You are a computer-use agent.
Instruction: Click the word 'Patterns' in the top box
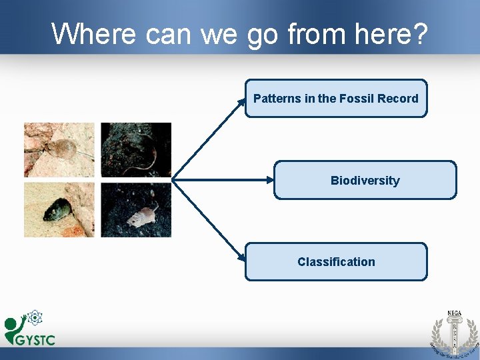coord(277,99)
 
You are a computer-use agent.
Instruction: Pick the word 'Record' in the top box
coord(398,99)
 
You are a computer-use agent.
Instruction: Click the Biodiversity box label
coord(365,181)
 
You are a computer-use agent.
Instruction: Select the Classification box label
coord(336,262)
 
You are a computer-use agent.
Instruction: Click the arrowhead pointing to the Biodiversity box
coord(270,179)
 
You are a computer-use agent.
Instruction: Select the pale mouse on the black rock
coord(143,215)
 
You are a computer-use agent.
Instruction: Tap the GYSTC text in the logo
coord(35,339)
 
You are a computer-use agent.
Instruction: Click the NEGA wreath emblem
coord(453,333)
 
